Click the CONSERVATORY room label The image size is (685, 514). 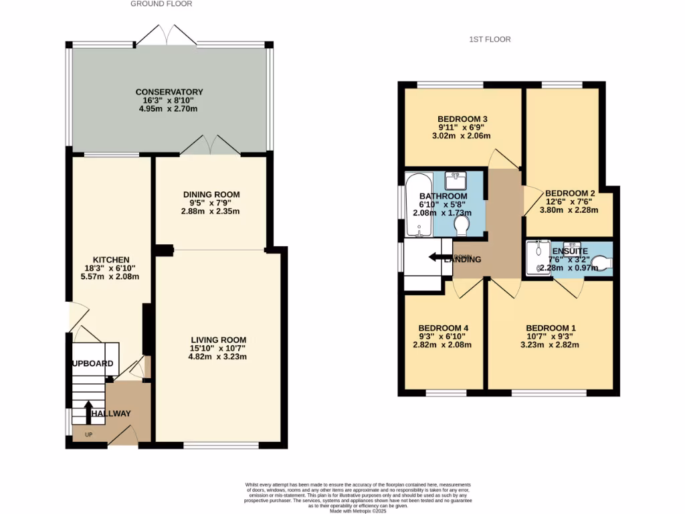169,92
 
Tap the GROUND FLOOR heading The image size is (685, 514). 161,4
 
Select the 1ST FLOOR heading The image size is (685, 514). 490,39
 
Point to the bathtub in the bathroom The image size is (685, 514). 419,205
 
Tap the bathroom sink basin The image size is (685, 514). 458,180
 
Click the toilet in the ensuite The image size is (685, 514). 601,266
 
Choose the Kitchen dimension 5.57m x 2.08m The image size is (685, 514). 111,276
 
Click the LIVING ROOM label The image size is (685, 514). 218,339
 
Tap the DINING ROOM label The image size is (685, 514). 211,195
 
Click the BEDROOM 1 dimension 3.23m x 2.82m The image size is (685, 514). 549,345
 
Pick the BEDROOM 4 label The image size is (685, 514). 444,327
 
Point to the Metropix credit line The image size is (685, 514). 359,511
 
